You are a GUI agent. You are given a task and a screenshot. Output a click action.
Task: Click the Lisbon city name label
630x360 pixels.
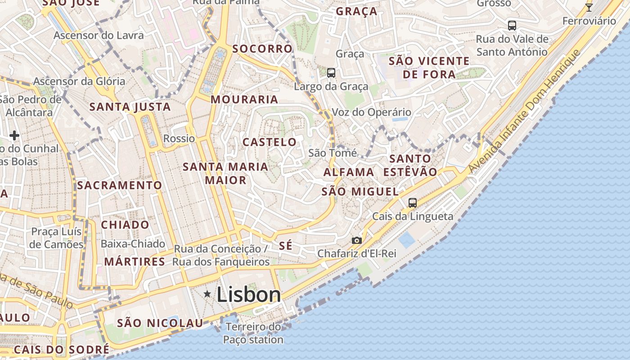point(249,295)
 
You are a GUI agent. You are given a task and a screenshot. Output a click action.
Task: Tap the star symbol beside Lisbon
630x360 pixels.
point(207,294)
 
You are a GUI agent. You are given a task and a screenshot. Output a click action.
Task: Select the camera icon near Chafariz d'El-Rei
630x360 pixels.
point(356,241)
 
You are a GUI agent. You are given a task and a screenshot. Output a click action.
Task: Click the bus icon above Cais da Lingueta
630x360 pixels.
point(412,203)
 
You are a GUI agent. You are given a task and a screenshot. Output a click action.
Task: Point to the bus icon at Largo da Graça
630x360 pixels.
point(331,72)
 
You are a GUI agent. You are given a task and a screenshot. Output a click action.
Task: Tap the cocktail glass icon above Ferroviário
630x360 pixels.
point(589,7)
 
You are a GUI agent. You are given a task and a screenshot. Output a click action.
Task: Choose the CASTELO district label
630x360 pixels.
point(270,142)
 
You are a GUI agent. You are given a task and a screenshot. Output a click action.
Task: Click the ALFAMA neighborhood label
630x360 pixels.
point(349,172)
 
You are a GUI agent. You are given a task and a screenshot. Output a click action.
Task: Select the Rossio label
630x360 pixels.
point(179,139)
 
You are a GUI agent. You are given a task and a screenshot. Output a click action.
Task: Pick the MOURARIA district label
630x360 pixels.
point(244,99)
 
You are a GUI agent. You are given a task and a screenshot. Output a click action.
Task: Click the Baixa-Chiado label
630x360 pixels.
point(133,244)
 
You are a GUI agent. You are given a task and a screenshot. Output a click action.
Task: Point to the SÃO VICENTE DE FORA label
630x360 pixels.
point(429,67)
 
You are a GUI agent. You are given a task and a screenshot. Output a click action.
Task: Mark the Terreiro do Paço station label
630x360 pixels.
point(253,333)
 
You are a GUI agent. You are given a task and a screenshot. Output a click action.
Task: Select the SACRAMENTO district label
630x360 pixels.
point(119,185)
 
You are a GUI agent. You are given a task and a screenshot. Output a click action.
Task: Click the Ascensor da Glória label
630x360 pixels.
point(79,81)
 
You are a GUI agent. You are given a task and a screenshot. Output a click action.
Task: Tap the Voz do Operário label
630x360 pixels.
point(371,112)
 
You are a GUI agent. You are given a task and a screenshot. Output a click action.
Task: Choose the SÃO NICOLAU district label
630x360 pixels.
point(160,323)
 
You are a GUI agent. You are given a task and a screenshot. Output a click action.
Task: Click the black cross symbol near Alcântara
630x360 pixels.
point(14,135)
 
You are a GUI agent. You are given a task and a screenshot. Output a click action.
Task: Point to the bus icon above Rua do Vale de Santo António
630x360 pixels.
point(512,25)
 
